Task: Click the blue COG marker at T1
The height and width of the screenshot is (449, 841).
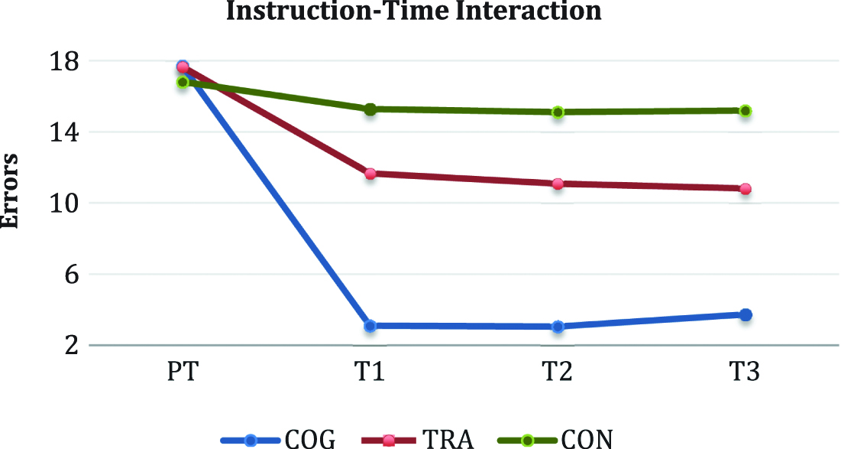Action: click(370, 326)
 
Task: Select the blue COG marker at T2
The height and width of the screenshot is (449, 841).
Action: click(558, 327)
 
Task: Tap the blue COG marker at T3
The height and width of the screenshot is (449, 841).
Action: click(746, 314)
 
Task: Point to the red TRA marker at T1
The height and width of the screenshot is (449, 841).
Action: click(370, 174)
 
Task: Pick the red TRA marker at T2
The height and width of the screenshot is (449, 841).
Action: click(558, 184)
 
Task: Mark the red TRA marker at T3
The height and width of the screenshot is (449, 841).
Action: click(746, 189)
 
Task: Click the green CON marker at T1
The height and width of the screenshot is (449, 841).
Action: click(370, 109)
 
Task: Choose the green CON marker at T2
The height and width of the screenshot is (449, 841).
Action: click(558, 112)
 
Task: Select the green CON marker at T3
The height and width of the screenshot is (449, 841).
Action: click(746, 111)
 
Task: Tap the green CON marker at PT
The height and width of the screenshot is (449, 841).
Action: click(183, 82)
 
